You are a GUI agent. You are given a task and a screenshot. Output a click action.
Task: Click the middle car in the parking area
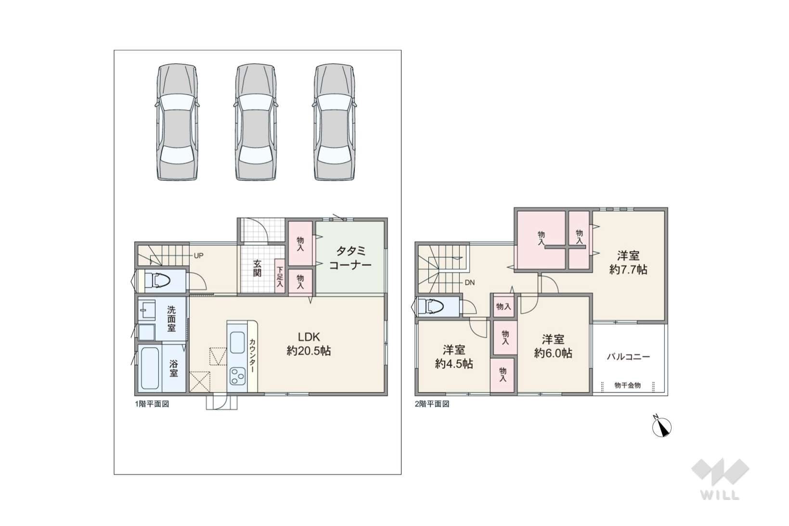(x=256, y=122)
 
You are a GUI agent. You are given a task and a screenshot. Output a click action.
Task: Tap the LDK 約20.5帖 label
(x=309, y=344)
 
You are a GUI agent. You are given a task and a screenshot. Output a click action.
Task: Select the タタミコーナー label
(x=350, y=258)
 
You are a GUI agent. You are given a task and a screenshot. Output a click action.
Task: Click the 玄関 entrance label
(x=257, y=268)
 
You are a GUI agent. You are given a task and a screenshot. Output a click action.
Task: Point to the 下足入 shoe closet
(x=280, y=276)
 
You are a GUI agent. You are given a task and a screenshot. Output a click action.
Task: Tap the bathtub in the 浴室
(x=150, y=368)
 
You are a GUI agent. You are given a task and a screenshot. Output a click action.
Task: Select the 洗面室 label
(x=171, y=319)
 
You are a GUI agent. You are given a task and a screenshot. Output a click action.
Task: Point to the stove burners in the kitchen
(x=237, y=376)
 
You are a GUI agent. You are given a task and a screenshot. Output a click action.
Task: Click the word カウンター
(x=252, y=356)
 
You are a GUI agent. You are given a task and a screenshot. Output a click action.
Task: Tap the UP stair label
(x=198, y=256)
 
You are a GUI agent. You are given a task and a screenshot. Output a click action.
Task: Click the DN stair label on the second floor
(x=469, y=282)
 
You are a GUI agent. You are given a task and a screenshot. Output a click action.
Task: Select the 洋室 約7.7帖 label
(x=628, y=262)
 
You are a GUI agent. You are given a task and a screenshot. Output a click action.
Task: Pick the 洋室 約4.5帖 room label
(x=453, y=357)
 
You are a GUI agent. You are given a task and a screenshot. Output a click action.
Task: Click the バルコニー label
(x=628, y=357)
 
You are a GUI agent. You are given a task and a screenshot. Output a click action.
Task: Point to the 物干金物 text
(x=627, y=385)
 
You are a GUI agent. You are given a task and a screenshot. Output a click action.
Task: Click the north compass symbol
(x=661, y=427)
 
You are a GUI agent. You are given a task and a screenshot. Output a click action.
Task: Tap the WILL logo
(x=720, y=479)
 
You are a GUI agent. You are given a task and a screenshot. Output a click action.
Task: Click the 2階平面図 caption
(x=432, y=404)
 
